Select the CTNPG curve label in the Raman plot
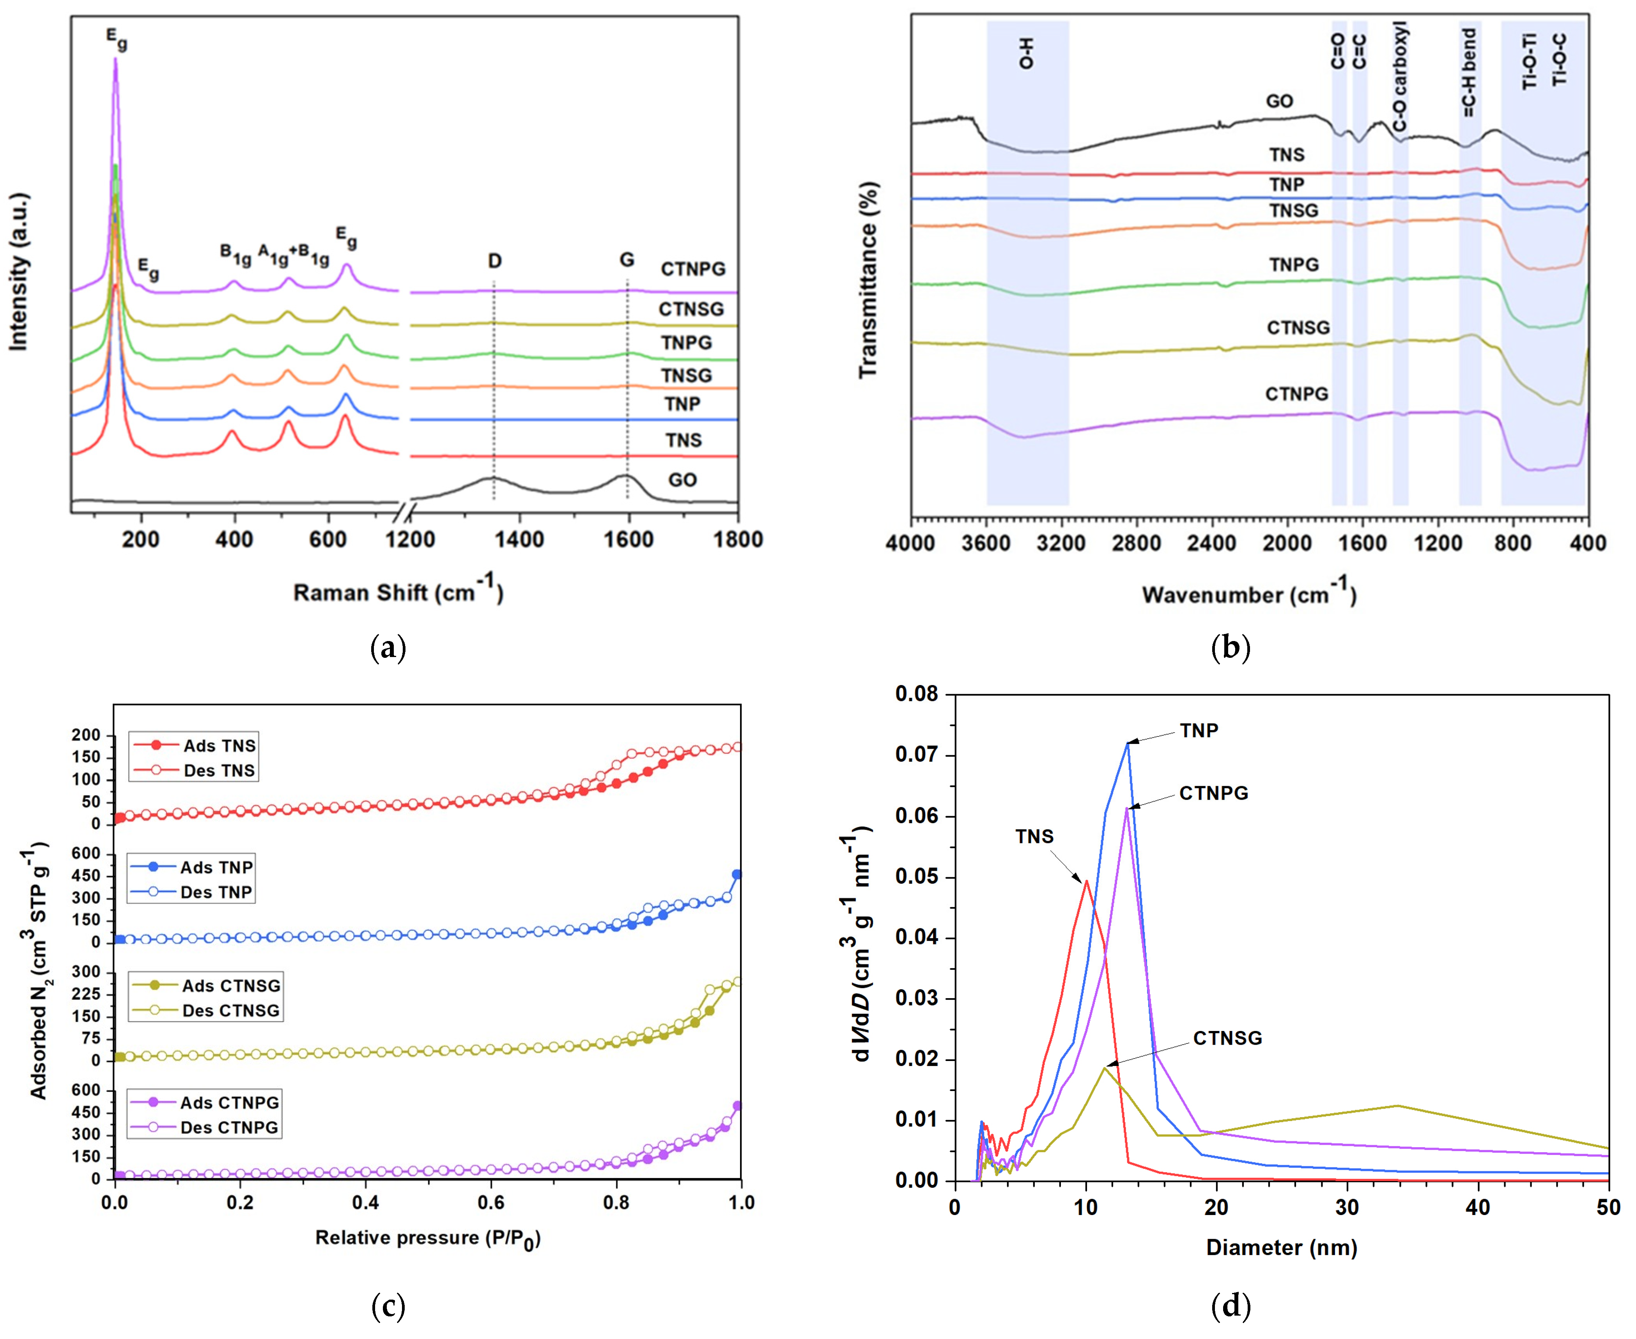693,269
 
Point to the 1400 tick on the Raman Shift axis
519,539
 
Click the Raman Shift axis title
398,592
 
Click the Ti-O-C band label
1559,59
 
